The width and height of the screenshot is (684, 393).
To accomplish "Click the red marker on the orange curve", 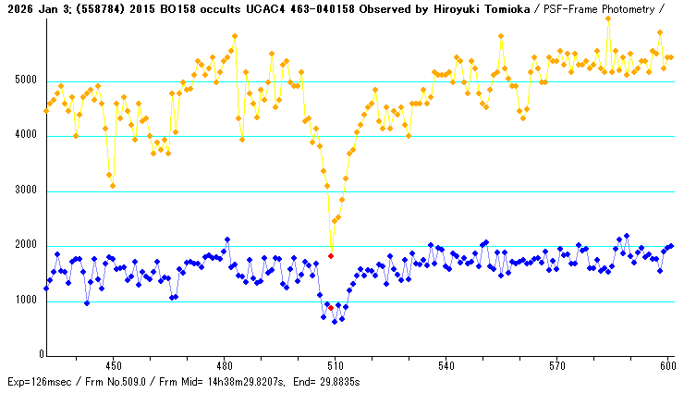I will [331, 255].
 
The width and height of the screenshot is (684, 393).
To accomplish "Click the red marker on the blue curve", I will [331, 307].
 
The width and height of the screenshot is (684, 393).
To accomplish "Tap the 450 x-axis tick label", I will [113, 365].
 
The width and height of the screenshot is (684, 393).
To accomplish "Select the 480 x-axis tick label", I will [224, 365].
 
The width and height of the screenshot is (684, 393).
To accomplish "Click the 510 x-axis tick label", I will [335, 365].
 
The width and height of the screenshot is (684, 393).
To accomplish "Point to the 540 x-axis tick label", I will [446, 365].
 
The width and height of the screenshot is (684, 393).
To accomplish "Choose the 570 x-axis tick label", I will [556, 365].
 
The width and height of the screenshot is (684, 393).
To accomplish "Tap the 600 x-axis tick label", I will [666, 365].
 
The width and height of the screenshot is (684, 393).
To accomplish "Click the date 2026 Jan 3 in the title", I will [34, 8].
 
